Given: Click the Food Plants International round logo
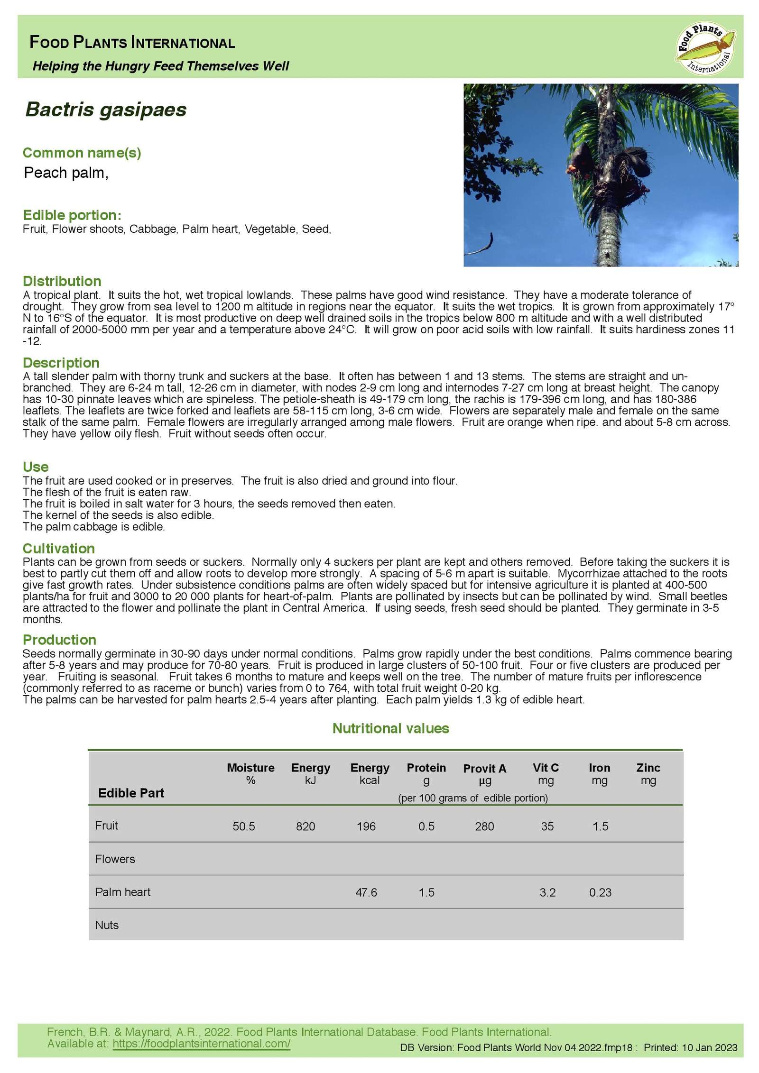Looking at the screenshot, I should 705,47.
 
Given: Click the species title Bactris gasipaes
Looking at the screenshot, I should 106,110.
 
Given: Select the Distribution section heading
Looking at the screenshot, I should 62,281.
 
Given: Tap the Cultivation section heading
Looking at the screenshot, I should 59,549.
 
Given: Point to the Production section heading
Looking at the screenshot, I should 59,640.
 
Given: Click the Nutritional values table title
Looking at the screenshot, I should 390,728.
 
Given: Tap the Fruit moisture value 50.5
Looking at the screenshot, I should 244,826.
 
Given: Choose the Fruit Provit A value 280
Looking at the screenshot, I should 484,826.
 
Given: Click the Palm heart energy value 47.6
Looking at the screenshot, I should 366,892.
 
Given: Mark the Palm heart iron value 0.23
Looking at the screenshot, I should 600,892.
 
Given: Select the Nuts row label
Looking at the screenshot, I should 107,925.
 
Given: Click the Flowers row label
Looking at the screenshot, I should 115,859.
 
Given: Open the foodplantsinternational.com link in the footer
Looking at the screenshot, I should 201,1043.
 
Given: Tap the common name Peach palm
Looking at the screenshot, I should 66,173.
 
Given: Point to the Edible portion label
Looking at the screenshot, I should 72,215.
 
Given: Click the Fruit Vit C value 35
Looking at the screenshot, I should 547,826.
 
